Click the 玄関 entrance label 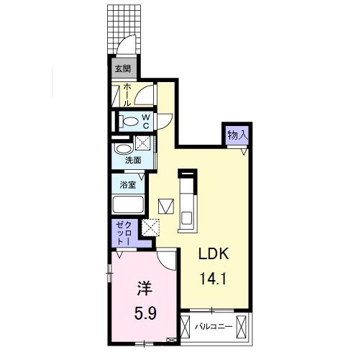122,69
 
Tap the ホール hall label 127,94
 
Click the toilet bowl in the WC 127,121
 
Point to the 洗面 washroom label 132,160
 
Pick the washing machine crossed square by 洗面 144,144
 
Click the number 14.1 215,277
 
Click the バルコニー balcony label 214,327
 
